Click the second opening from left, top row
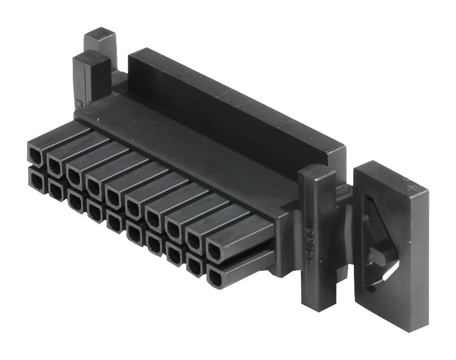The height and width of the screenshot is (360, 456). click(55, 164)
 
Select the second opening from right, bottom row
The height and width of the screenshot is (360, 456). click(195, 266)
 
